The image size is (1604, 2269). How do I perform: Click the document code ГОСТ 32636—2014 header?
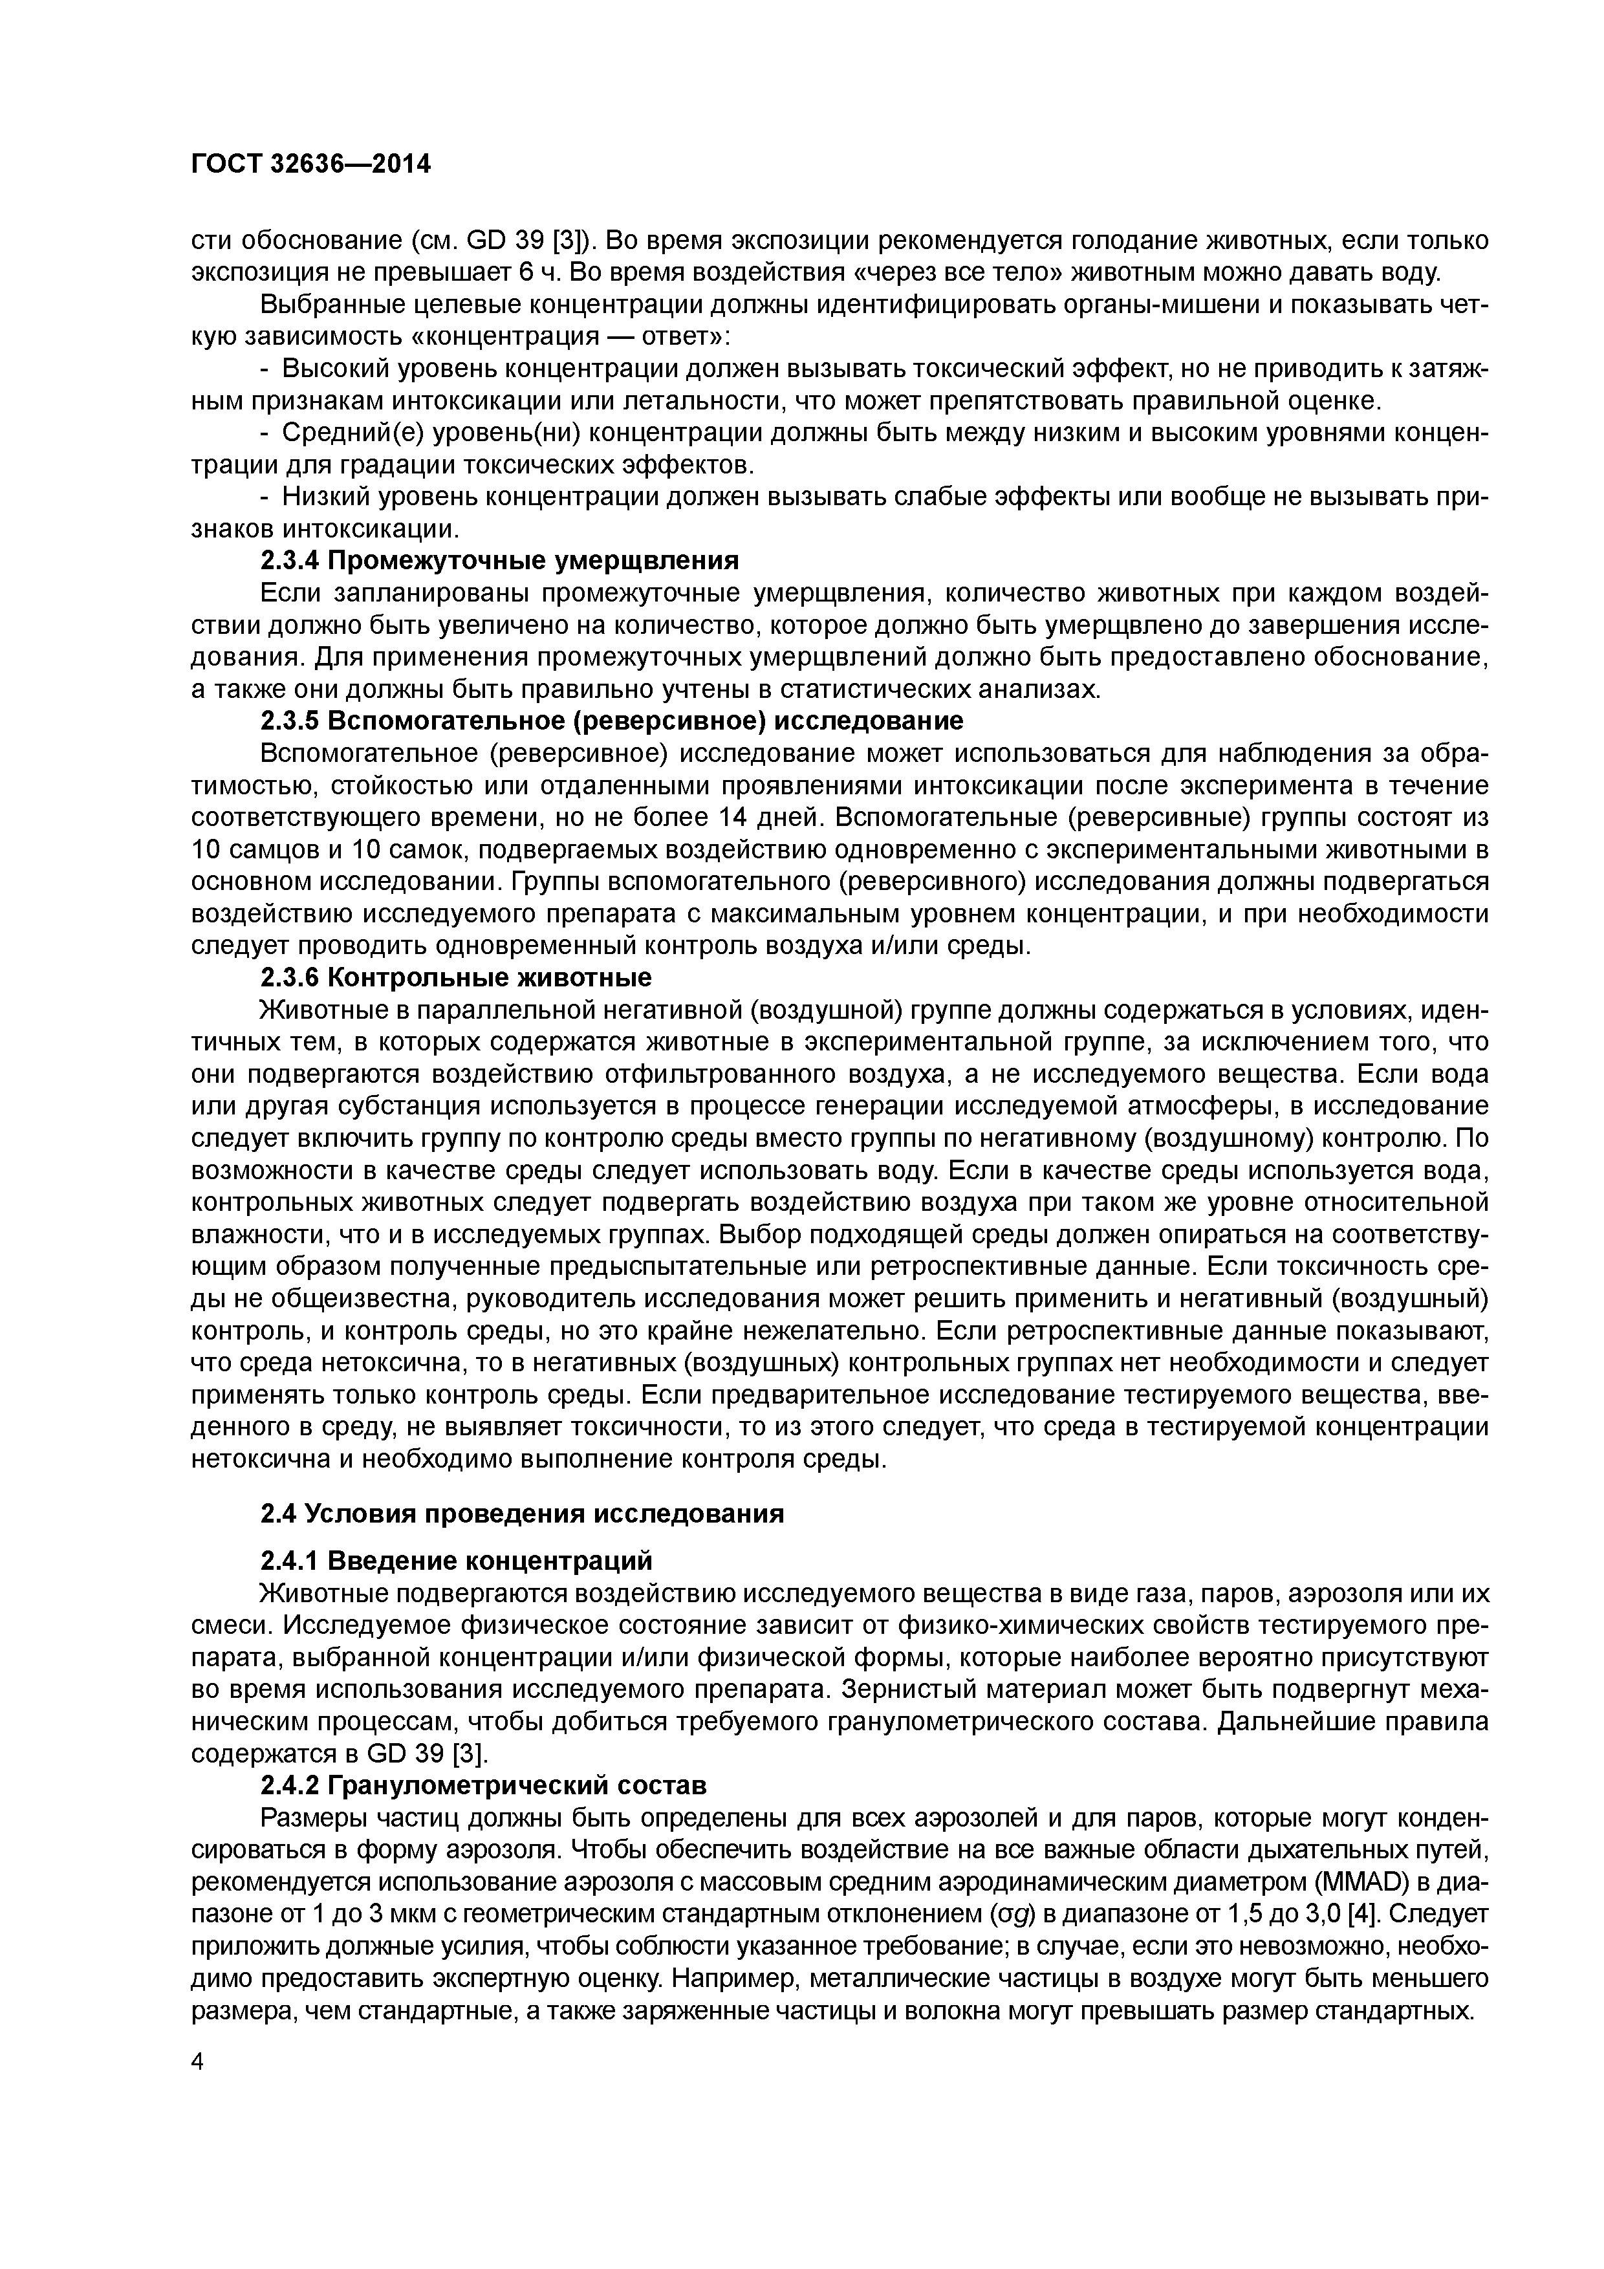[310, 164]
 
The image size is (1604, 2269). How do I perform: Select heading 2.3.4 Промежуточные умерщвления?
[499, 560]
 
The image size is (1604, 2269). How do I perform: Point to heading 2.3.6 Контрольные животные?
[455, 977]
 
